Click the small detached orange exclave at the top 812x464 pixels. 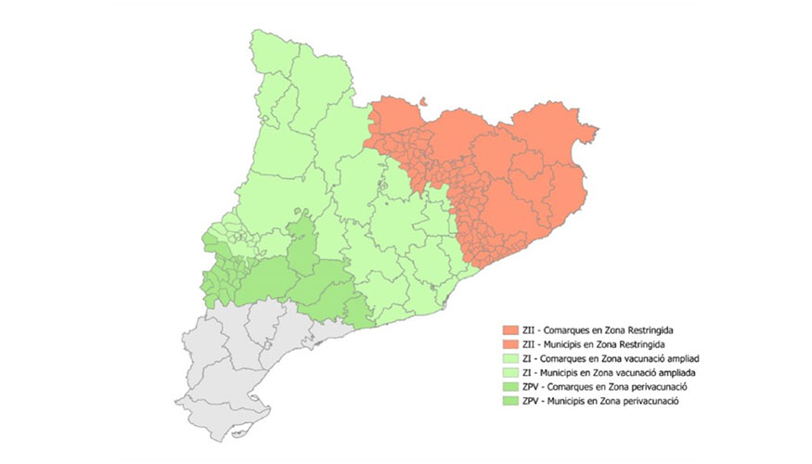[x=422, y=104]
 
